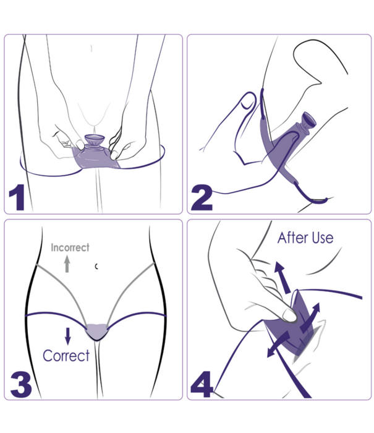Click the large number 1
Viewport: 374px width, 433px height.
click(18, 197)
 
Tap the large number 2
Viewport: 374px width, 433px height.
click(202, 197)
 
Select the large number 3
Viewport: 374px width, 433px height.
click(21, 384)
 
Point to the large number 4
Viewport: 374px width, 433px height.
click(202, 384)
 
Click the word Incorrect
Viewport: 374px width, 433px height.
click(70, 247)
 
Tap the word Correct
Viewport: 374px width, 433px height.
click(66, 356)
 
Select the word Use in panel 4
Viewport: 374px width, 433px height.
click(323, 238)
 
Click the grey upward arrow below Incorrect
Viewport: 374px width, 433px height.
click(67, 264)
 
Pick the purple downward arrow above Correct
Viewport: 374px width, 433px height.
click(67, 336)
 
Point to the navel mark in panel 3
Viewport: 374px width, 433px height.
click(96, 267)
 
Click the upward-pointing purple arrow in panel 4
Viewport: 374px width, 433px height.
click(283, 278)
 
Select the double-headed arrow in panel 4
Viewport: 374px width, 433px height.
click(310, 318)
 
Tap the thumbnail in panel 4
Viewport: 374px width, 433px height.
click(289, 315)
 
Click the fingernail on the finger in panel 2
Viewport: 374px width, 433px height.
click(248, 101)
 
